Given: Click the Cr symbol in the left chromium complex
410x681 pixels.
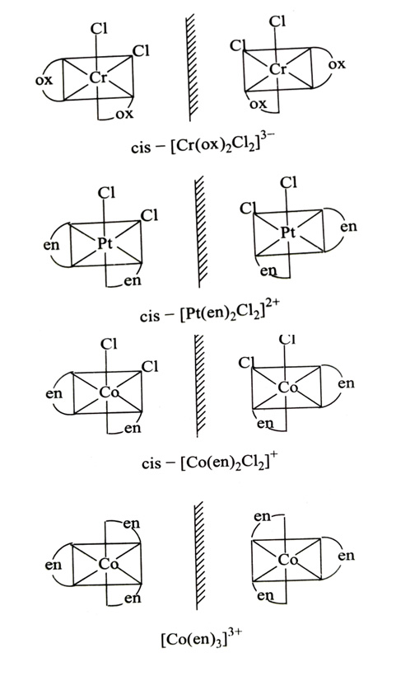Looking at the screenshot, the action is pos(98,77).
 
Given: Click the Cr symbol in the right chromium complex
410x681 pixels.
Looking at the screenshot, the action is pos(278,68).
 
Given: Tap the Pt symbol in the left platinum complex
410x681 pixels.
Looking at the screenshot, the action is pos(105,242).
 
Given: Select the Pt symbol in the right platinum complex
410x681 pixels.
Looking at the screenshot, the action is pos(287,232).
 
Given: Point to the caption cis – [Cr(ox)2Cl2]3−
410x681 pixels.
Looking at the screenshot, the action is pos(202,144).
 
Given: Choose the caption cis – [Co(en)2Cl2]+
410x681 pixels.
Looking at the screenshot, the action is pos(210,461).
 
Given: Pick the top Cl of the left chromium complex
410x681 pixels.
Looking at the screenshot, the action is pos(99,29).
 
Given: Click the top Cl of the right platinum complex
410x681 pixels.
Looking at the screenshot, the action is pos(288,183).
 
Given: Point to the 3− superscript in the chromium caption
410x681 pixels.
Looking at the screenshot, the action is pos(264,139).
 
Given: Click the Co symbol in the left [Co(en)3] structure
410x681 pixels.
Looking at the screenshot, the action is pos(108,564).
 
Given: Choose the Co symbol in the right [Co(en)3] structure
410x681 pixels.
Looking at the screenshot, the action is pos(287,559).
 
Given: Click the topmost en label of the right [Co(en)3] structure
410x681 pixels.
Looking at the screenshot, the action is pos(262,516).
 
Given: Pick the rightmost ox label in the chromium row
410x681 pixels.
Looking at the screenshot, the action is pos(337,64).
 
